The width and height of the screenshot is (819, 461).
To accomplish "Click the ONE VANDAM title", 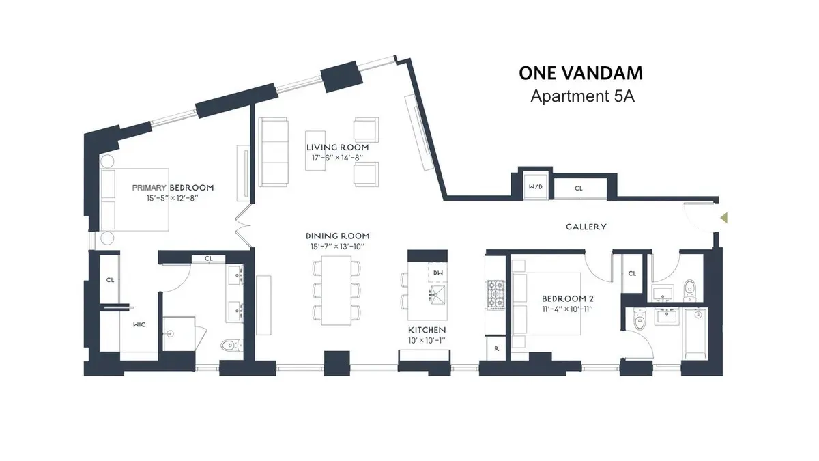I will (581, 73).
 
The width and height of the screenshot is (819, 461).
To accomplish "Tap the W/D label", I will (535, 186).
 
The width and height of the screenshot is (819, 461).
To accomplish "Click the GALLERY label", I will (586, 227).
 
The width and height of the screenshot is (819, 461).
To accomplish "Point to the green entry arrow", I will (725, 218).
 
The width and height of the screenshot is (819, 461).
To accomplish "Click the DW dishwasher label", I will (437, 273).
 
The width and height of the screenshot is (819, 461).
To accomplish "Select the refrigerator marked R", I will (495, 348).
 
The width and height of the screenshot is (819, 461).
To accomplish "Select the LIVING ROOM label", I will (337, 148).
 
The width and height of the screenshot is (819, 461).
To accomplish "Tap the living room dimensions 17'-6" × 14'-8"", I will (337, 158).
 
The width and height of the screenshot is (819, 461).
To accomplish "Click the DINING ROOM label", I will (338, 236).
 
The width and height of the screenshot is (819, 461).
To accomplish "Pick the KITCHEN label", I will (428, 330).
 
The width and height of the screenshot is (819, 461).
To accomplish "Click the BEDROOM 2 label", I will (565, 298).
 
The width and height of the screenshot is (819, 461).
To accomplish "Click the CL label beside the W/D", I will (578, 188).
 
